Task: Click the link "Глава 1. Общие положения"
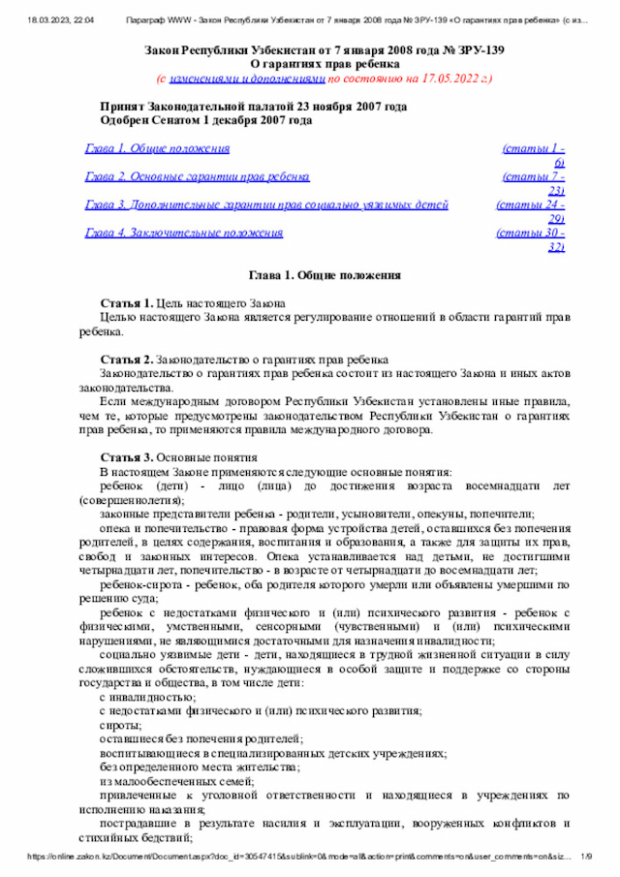click(x=158, y=149)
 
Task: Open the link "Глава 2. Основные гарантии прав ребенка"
click(x=198, y=177)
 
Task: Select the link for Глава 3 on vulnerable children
click(x=266, y=205)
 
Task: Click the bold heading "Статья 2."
click(x=127, y=359)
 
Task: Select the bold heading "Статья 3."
click(x=127, y=455)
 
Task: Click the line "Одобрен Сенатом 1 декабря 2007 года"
click(x=206, y=121)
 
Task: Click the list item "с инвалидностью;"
click(x=147, y=697)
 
